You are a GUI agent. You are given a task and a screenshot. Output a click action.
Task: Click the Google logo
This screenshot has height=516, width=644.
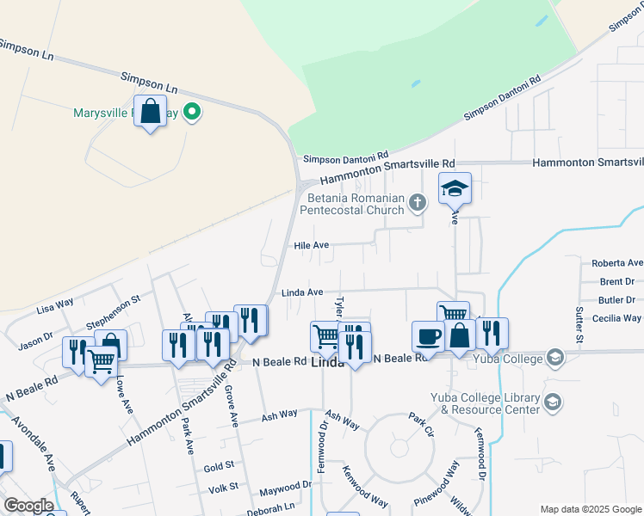pyautogui.click(x=28, y=506)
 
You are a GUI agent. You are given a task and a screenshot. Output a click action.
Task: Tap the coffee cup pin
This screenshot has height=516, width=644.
pyautogui.click(x=428, y=335)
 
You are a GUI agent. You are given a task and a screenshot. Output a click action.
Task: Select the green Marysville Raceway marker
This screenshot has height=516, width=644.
pyautogui.click(x=193, y=112)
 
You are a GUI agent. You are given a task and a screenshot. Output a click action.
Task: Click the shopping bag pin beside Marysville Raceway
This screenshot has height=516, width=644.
pyautogui.click(x=151, y=112)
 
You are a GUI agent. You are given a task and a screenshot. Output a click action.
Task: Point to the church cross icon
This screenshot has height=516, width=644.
pyautogui.click(x=418, y=203)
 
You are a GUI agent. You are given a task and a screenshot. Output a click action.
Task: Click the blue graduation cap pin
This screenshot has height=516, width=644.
pyautogui.click(x=455, y=188)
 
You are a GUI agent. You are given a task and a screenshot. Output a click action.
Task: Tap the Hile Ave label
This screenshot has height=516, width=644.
pyautogui.click(x=312, y=245)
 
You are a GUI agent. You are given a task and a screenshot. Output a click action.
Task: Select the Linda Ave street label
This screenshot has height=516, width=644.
pyautogui.click(x=302, y=293)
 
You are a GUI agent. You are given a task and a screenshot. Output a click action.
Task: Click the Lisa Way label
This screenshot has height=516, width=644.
pyautogui.click(x=55, y=306)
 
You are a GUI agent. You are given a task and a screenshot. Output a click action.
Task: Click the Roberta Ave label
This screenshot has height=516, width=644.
pyautogui.click(x=616, y=263)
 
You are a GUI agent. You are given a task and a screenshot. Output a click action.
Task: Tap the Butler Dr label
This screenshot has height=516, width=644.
pyautogui.click(x=617, y=300)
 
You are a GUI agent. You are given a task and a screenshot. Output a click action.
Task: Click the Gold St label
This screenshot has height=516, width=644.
pyautogui.click(x=219, y=466)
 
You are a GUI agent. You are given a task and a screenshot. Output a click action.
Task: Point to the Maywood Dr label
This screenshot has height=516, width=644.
pyautogui.click(x=285, y=487)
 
